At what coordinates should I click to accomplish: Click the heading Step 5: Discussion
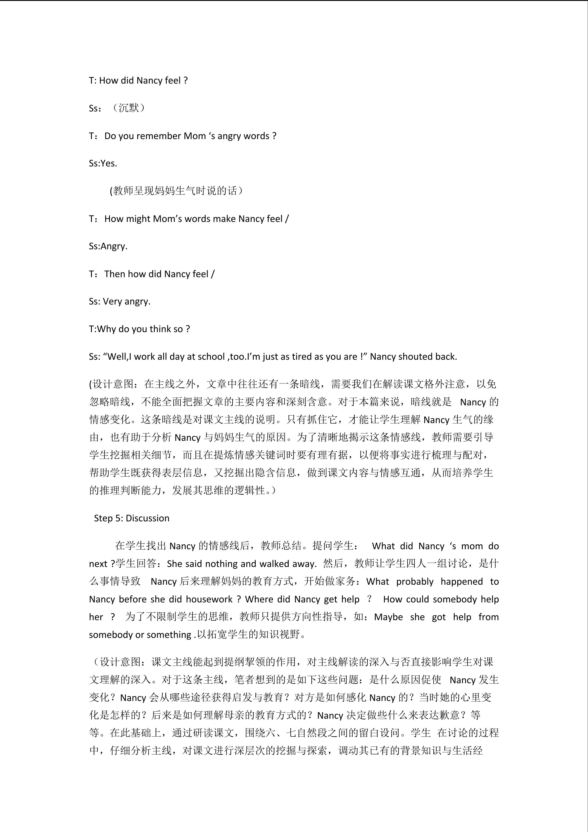click(131, 518)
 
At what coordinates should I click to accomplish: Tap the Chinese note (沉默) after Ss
click(128, 108)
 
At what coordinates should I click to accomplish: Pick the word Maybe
click(388, 617)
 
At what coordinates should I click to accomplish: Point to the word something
click(169, 635)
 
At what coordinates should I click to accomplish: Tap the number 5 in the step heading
click(118, 518)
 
